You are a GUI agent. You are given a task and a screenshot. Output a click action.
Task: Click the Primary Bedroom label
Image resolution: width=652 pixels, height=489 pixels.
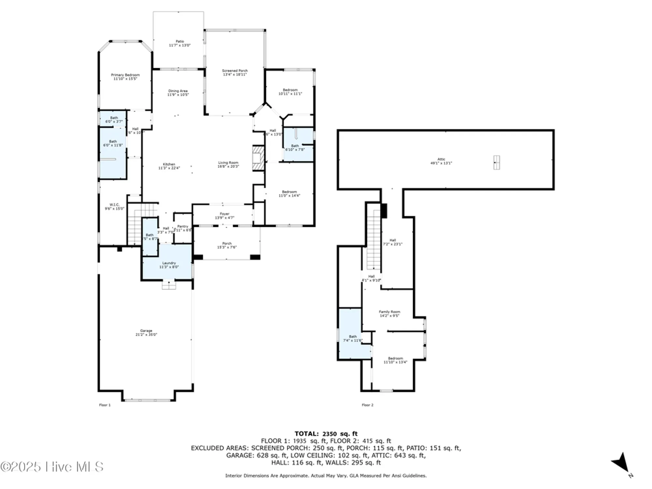pyautogui.click(x=125, y=77)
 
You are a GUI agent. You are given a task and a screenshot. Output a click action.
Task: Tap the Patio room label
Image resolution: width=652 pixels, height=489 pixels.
pyautogui.click(x=180, y=43)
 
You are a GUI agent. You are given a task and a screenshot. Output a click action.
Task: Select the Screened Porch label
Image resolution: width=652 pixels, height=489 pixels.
pyautogui.click(x=235, y=72)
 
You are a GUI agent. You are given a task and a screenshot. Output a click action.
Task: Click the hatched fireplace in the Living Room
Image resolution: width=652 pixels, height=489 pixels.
pyautogui.click(x=258, y=158)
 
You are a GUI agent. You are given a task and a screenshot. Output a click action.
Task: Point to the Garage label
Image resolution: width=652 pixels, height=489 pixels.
pyautogui.click(x=146, y=333)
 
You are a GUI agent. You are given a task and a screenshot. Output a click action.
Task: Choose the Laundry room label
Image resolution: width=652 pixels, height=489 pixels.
pyautogui.click(x=169, y=265)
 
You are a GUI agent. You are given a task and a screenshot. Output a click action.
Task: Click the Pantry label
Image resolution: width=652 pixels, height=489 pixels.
pyautogui.click(x=183, y=228)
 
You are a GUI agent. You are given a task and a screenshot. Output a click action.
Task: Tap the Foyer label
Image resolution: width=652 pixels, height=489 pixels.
pyautogui.click(x=224, y=216)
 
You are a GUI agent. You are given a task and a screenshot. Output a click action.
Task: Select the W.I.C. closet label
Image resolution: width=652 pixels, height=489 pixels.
pyautogui.click(x=114, y=207)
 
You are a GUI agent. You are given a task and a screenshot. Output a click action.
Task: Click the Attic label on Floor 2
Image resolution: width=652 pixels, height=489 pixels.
pyautogui.click(x=441, y=161)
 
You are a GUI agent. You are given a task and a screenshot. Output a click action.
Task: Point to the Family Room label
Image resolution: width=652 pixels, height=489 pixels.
pyautogui.click(x=389, y=314)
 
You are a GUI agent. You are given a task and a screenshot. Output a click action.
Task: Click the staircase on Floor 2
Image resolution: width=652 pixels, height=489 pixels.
pyautogui.click(x=374, y=240)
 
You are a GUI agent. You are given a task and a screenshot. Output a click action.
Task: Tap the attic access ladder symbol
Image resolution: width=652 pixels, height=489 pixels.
pyautogui.click(x=496, y=162)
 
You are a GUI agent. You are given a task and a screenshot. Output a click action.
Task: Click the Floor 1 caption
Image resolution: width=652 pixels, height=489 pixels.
pyautogui.click(x=105, y=405)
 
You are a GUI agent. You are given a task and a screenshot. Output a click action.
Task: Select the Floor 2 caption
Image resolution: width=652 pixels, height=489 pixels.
pyautogui.click(x=367, y=405)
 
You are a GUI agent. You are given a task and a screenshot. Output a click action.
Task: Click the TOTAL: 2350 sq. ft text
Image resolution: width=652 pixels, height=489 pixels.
pyautogui.click(x=326, y=434)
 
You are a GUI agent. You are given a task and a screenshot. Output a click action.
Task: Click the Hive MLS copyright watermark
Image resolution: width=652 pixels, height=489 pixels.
pyautogui.click(x=52, y=467)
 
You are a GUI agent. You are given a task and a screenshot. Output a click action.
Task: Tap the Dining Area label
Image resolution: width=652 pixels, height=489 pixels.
pyautogui.click(x=178, y=93)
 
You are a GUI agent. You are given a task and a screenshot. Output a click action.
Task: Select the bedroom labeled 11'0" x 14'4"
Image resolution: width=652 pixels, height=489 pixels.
pyautogui.click(x=289, y=194)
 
